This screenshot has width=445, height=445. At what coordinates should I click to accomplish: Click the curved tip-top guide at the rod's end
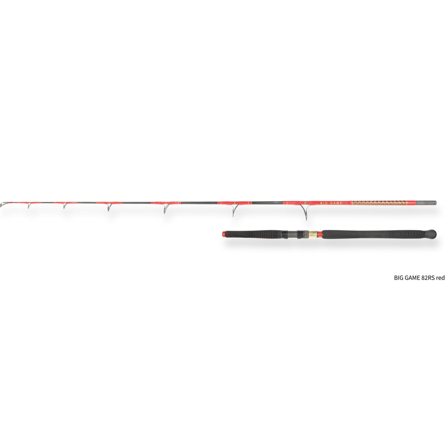point(3,204)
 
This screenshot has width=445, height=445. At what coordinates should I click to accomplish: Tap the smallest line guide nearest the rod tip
point(29,205)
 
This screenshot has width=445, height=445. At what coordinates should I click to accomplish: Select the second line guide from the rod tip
point(65,205)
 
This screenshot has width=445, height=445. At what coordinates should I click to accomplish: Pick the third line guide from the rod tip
point(109,207)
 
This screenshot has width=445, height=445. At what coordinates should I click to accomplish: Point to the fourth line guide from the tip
point(165,208)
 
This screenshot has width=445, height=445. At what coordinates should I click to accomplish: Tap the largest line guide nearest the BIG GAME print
point(305,211)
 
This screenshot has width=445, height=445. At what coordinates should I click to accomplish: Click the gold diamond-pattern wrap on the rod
point(379,203)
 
